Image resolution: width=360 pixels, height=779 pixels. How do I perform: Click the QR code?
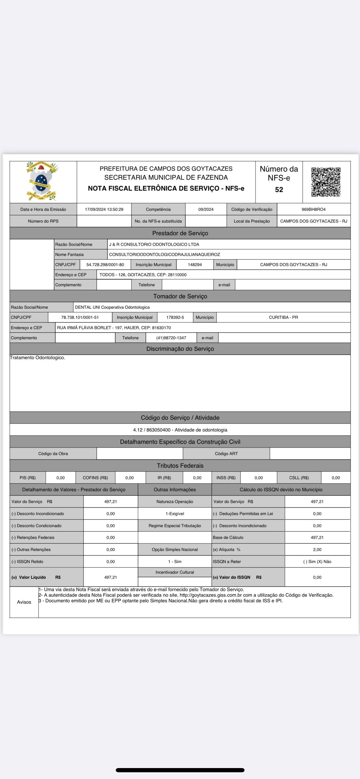pyautogui.click(x=326, y=182)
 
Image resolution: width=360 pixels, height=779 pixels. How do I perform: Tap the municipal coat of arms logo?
pyautogui.click(x=42, y=181)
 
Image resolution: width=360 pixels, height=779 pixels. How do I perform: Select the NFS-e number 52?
pyautogui.click(x=279, y=190)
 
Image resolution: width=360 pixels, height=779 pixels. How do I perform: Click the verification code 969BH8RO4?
pyautogui.click(x=313, y=209)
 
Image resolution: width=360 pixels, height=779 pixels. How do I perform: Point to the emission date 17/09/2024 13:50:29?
pyautogui.click(x=104, y=209)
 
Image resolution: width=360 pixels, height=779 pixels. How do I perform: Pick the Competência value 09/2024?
pyautogui.click(x=206, y=209)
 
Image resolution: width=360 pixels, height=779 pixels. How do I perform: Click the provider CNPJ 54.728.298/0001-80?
pyautogui.click(x=105, y=265)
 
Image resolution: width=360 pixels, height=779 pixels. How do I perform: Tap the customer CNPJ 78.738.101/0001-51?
pyautogui.click(x=80, y=317)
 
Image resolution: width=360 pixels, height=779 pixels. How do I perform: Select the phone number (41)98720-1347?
pyautogui.click(x=171, y=338)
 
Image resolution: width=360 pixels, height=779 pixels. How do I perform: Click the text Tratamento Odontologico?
pyautogui.click(x=38, y=358)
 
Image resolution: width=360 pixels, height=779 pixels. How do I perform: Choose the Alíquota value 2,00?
pyautogui.click(x=317, y=549)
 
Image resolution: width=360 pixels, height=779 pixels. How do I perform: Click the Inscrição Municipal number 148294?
pyautogui.click(x=195, y=265)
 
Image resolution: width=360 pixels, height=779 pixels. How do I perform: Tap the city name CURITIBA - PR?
pyautogui.click(x=283, y=317)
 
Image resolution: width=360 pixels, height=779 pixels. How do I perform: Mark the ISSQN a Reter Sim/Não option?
pyautogui.click(x=317, y=562)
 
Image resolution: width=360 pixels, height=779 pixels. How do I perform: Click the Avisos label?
pyautogui.click(x=24, y=602)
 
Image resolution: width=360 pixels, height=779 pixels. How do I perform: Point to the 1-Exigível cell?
pyautogui.click(x=175, y=513)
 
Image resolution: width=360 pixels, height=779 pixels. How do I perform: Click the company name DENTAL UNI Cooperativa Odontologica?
pyautogui.click(x=112, y=307)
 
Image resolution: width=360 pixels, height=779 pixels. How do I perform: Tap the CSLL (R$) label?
pyautogui.click(x=299, y=478)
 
